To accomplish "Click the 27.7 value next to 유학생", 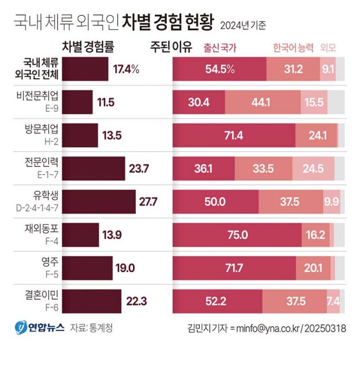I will point(148,201).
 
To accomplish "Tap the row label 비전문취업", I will point(45,96).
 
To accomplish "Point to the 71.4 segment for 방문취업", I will point(234,135).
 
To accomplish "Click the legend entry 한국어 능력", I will point(293,48).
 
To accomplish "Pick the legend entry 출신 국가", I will point(220,48).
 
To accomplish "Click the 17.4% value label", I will point(126,69).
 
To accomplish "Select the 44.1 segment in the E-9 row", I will point(263,102).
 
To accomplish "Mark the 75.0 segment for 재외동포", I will point(237,235).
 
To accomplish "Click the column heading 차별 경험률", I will point(88,46).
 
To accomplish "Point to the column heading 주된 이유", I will point(171,46).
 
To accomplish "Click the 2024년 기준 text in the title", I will point(243,25).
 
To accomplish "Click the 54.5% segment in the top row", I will point(220,69).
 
